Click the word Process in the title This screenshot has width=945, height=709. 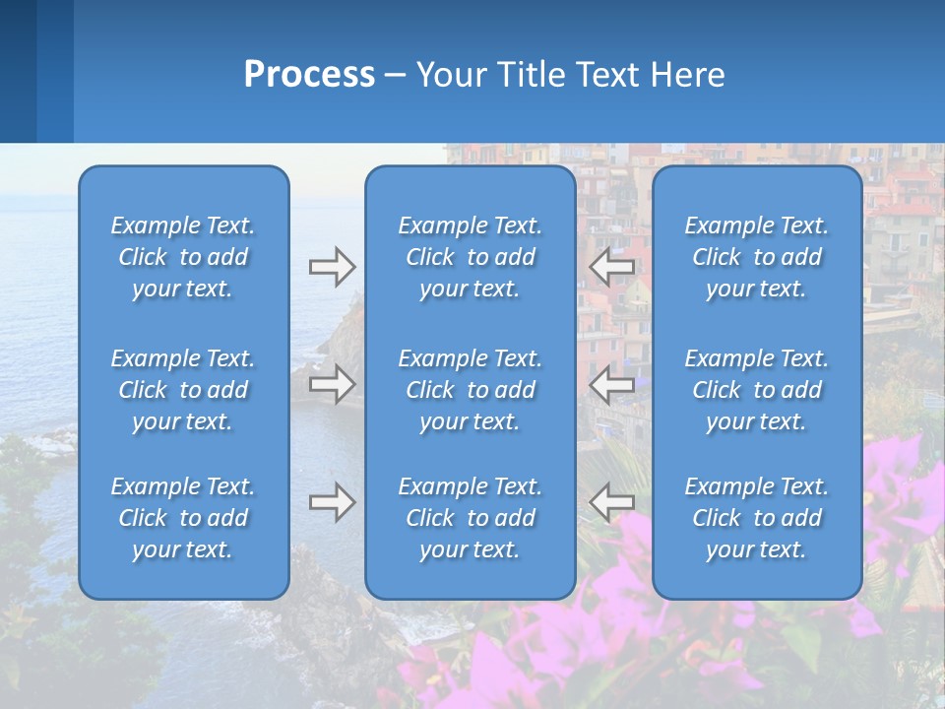(x=309, y=75)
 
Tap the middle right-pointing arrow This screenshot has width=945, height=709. (x=332, y=384)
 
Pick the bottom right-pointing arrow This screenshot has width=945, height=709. (x=332, y=502)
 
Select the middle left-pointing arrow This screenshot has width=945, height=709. (x=611, y=384)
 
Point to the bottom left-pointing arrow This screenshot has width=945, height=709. (x=611, y=502)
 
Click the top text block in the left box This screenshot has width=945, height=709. (x=183, y=257)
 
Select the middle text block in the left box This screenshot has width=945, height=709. (x=183, y=390)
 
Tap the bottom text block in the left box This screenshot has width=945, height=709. (x=183, y=518)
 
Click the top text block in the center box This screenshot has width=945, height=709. (x=470, y=257)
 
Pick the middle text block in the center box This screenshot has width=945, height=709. (x=470, y=390)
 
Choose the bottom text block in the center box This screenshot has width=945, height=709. (x=470, y=518)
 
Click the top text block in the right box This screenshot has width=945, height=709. (x=757, y=257)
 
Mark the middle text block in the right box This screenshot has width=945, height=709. (x=757, y=390)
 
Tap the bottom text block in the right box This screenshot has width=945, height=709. (x=757, y=518)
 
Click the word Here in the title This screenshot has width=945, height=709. (x=689, y=75)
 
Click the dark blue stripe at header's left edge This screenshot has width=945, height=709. (x=18, y=71)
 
